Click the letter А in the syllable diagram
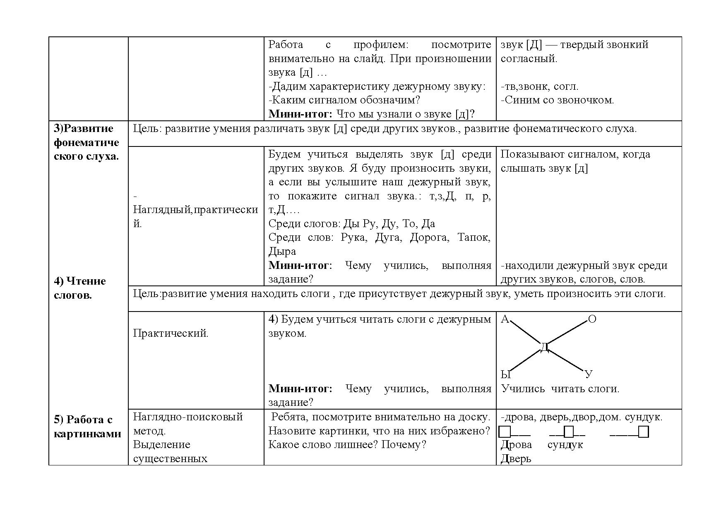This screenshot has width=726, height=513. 505,319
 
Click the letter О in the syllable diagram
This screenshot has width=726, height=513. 592,319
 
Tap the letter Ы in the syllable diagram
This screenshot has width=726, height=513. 506,375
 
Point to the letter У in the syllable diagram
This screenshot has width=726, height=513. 589,374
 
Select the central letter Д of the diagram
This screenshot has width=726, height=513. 545,348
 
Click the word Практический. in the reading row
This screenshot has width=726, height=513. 171,333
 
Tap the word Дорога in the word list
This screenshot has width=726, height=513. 429,237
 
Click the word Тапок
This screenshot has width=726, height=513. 474,237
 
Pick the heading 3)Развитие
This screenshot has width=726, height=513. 84,128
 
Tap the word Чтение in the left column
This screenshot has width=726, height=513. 86,281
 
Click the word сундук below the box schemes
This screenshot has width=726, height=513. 565,445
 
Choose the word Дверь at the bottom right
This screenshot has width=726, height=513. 516,458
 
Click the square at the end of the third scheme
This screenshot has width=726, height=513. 643,432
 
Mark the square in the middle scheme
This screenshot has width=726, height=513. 569,432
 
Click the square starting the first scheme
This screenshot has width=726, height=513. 505,432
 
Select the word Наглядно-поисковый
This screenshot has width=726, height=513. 188,417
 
